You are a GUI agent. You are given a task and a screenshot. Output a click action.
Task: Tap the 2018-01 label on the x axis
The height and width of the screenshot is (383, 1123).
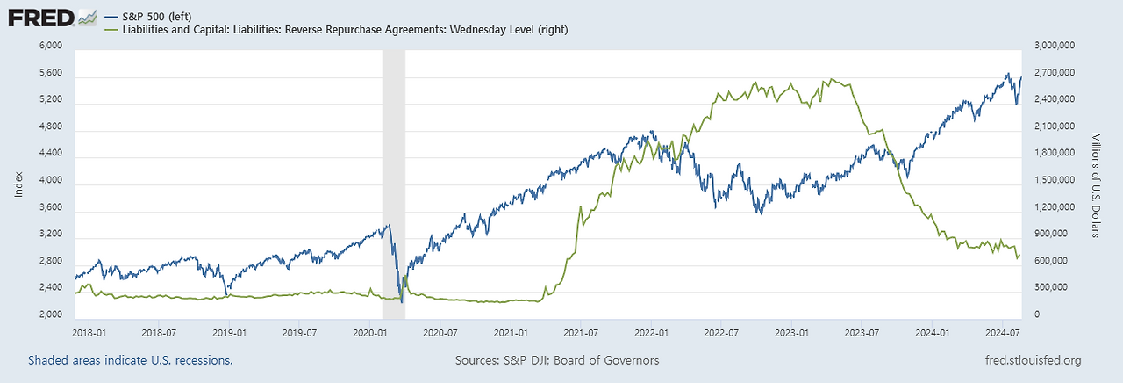click(x=88, y=333)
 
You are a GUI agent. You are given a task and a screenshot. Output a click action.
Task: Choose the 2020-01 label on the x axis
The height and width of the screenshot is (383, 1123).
click(x=369, y=333)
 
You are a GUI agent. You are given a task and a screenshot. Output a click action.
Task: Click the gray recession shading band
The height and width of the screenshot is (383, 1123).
click(x=394, y=176)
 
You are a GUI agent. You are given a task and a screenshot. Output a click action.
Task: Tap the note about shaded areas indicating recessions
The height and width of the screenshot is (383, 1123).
click(x=131, y=360)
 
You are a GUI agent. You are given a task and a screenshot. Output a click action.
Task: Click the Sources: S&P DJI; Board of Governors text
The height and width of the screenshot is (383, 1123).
click(x=557, y=360)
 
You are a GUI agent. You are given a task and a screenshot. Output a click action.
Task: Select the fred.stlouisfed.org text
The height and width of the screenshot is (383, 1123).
click(x=1033, y=360)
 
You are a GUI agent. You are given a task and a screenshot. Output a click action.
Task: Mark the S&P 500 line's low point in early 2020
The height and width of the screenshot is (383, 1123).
click(x=402, y=301)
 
